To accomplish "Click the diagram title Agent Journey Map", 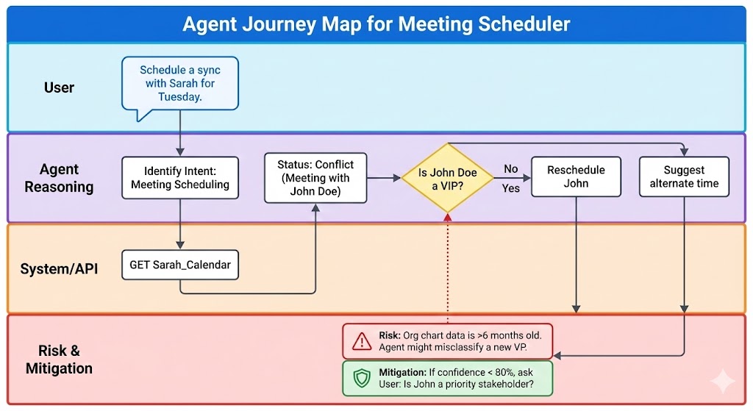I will coord(376,24).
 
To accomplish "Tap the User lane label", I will coord(59,87).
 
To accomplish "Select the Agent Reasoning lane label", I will coord(59,178).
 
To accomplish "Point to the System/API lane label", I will coord(59,268).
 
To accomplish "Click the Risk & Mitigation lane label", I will coord(59,360).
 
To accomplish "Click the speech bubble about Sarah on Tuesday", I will coord(180,83).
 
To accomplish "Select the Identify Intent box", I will coord(180,177).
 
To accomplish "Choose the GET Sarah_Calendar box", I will coord(180,265).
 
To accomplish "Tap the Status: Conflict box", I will coord(315,177).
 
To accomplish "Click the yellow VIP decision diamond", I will coord(448,179).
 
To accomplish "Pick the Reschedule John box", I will coord(576,176).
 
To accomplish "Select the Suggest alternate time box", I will coord(684,176).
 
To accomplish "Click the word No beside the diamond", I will coord(511,169).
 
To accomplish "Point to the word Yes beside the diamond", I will coord(511,188).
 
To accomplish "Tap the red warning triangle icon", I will coord(362,341).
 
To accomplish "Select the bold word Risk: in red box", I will coord(390,335).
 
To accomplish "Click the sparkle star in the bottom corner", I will coord(722,382).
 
